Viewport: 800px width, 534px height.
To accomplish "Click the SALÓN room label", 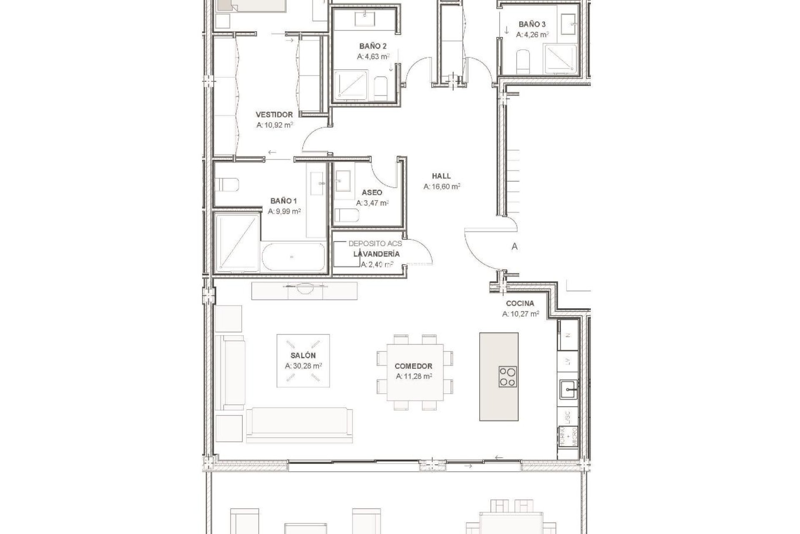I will coord(303,356).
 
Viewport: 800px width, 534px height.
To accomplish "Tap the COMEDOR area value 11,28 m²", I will coord(413,376).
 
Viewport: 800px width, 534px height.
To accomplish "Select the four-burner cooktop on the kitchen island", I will coord(507,377).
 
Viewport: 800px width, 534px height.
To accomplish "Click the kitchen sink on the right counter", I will coord(568,391).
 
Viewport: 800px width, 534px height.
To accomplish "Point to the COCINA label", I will coord(520,304).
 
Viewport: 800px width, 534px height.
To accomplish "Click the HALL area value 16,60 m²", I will coord(441,187).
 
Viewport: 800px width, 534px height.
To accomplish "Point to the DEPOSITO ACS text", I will coord(375,244).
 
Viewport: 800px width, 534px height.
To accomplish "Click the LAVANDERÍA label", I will coord(376,254).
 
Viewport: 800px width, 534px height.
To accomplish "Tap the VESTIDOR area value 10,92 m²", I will coord(275,125).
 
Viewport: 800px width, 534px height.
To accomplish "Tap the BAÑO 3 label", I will coord(532,24).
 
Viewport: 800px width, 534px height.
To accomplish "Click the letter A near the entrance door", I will coord(515,247).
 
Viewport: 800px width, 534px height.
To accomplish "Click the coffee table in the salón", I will coord(303,360).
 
